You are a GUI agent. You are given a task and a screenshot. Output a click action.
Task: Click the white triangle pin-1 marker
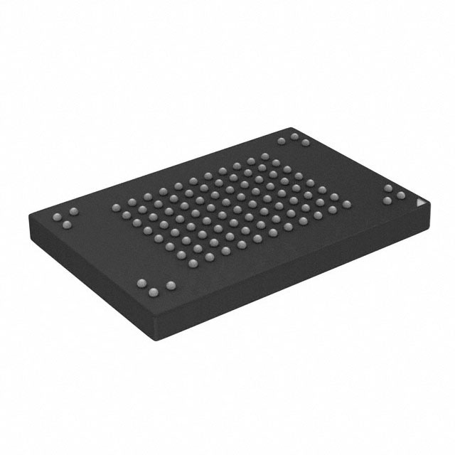419,203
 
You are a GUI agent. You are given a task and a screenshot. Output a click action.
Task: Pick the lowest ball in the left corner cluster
68,225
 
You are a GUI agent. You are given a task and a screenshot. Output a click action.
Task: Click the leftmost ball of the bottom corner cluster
141,282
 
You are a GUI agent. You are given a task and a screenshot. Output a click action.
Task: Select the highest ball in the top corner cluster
293,134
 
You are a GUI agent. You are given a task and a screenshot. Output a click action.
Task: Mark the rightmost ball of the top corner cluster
305,144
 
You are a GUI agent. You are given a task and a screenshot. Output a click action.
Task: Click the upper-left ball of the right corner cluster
389,188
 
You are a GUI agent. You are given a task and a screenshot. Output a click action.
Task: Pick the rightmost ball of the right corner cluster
401,195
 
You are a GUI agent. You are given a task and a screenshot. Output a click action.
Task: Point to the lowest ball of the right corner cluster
387,200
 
